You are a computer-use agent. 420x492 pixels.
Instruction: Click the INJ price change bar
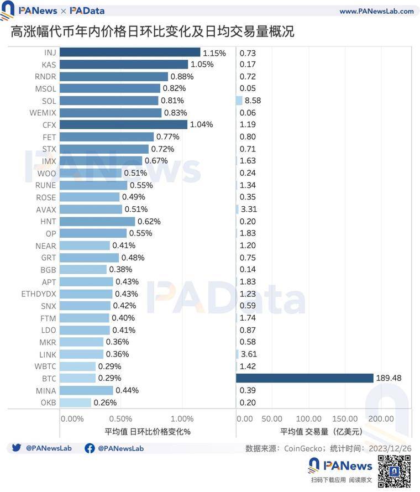click(130, 53)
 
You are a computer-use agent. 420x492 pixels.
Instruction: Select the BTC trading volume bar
click(305, 378)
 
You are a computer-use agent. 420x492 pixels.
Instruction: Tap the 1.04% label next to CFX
click(201, 125)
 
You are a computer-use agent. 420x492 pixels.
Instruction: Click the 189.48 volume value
click(389, 378)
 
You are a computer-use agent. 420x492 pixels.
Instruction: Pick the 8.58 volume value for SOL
click(253, 101)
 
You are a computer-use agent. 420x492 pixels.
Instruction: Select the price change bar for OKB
click(75, 402)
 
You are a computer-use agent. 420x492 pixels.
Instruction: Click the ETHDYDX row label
click(39, 294)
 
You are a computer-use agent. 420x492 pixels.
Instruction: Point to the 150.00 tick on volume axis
click(347, 418)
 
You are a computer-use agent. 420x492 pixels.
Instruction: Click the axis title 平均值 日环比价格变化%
click(147, 432)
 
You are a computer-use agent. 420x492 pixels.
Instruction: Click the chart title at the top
click(152, 32)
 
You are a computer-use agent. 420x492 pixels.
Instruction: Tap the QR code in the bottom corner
click(394, 471)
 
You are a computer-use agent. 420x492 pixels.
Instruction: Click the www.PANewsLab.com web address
click(376, 11)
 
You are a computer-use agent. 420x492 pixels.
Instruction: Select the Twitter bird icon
click(17, 448)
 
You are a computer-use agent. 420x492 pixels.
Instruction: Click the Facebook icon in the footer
click(90, 448)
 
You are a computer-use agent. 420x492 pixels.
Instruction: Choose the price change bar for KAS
click(124, 65)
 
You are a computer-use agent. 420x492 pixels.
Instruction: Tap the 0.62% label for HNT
click(149, 221)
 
